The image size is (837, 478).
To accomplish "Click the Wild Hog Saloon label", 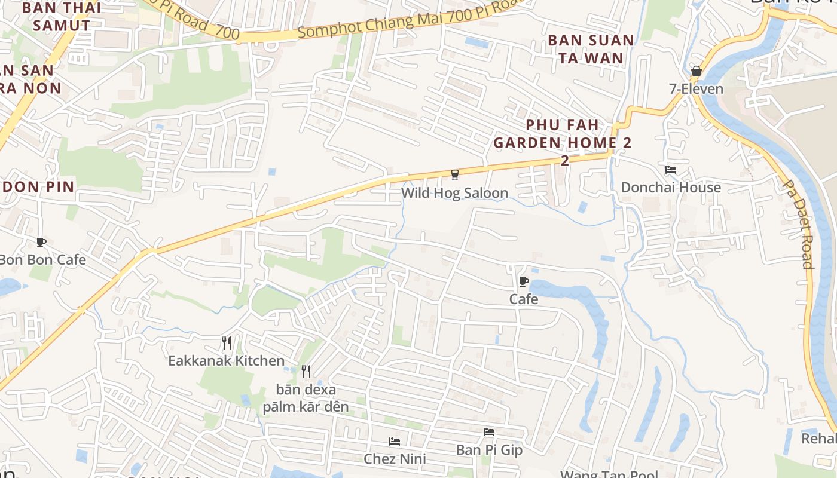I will click(454, 193).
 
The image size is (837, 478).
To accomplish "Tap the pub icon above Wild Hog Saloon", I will click(455, 174).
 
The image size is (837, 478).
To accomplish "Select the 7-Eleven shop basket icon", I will click(696, 71).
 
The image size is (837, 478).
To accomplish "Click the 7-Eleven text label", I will click(696, 89).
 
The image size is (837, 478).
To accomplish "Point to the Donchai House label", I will click(671, 188).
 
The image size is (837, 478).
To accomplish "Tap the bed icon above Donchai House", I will click(671, 170).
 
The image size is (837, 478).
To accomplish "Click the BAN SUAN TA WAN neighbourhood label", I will click(591, 49).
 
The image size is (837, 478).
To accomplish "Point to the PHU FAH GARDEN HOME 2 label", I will click(562, 134).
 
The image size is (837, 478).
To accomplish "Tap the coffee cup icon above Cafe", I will click(524, 281).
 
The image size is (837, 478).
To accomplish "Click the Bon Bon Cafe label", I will click(42, 260).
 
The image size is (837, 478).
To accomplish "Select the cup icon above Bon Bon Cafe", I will click(41, 242).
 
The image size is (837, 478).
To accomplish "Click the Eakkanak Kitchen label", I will click(226, 361).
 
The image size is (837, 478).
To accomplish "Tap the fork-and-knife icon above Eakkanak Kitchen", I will click(226, 343).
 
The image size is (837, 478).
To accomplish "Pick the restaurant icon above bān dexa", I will click(306, 372).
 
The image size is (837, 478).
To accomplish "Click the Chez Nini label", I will click(395, 459).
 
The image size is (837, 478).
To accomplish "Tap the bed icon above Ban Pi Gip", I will click(489, 431).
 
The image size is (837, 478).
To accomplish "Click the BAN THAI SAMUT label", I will click(62, 17).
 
